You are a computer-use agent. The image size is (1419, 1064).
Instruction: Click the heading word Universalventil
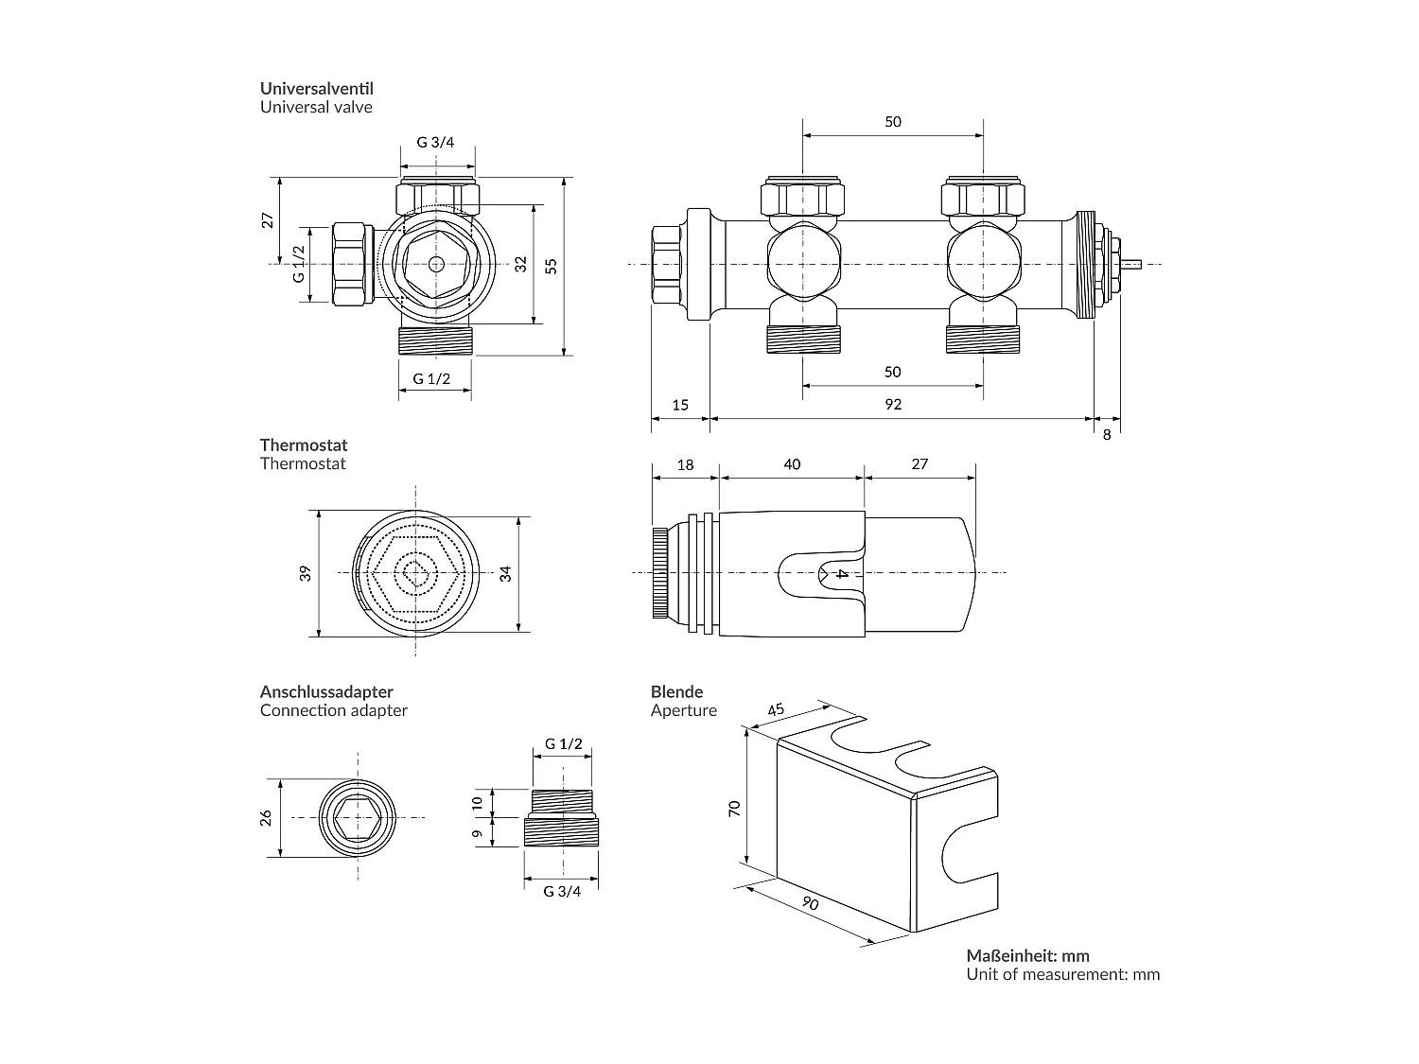point(316,88)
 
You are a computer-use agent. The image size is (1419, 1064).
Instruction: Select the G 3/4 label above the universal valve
point(435,143)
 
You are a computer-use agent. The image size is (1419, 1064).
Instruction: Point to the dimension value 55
point(552,266)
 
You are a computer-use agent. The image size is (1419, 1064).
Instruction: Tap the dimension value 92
point(892,404)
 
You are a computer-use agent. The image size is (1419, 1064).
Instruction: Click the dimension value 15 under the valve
point(680,404)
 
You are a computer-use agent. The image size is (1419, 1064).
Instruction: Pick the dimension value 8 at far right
point(1107,434)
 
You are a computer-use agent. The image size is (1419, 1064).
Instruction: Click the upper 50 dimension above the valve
point(892,121)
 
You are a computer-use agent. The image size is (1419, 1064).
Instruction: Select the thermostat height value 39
point(306,573)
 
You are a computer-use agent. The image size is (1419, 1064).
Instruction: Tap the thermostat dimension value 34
point(505,573)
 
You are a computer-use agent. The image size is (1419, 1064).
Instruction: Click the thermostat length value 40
point(792,463)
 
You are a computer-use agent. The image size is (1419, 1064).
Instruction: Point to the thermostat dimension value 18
point(686,463)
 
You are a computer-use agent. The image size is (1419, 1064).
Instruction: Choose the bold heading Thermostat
point(304,445)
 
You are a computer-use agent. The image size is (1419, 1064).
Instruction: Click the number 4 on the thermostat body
point(841,573)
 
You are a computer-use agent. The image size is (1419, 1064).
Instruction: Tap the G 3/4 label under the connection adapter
point(562,891)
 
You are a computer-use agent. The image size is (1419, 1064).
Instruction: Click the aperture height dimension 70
point(735,807)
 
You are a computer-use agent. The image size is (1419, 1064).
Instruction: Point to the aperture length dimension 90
point(809,903)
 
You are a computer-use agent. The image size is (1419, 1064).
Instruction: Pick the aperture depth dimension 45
point(777,709)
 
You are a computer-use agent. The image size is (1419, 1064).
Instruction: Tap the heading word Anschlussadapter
point(326,692)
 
